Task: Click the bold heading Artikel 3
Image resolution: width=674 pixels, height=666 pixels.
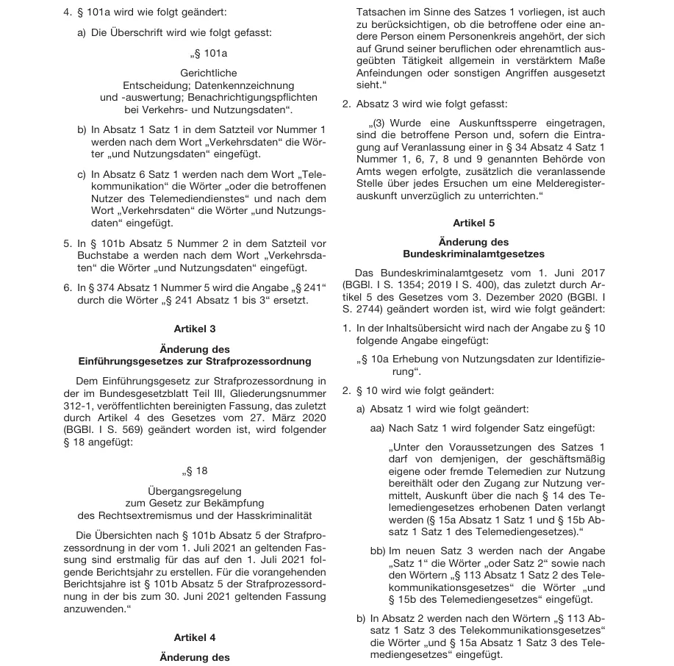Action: [195, 329]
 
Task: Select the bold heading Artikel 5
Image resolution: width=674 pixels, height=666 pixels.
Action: [474, 222]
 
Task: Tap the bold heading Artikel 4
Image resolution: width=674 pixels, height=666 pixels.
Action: [195, 637]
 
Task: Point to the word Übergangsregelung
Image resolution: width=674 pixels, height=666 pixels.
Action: [194, 491]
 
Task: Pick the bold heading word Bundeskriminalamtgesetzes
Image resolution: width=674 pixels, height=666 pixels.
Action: [474, 254]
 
